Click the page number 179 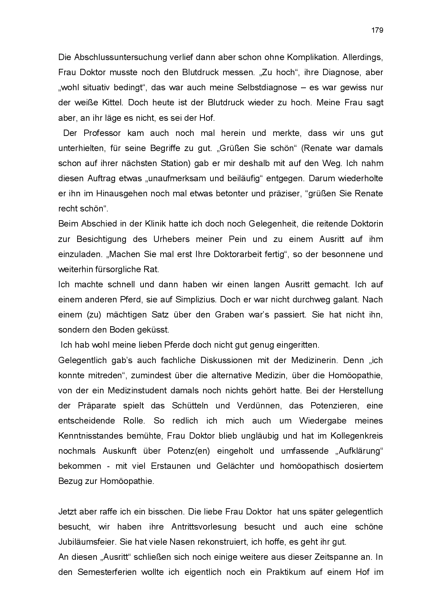377,30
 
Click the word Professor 102,133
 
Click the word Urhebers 172,239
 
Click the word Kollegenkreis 357,436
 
